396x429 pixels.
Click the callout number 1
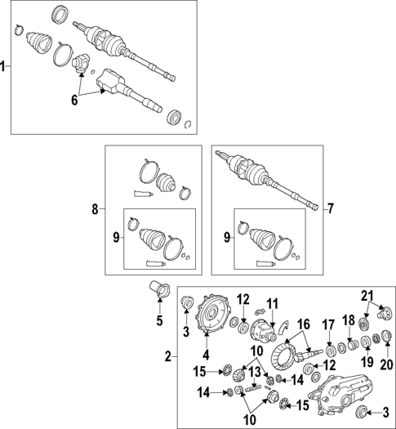pyautogui.click(x=4, y=67)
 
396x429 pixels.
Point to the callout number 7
pyautogui.click(x=331, y=209)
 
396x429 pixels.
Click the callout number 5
pyautogui.click(x=160, y=320)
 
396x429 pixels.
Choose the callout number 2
pyautogui.click(x=167, y=357)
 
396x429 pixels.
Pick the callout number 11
pyautogui.click(x=273, y=302)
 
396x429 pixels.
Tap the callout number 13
pyautogui.click(x=255, y=372)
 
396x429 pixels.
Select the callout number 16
pyautogui.click(x=304, y=324)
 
